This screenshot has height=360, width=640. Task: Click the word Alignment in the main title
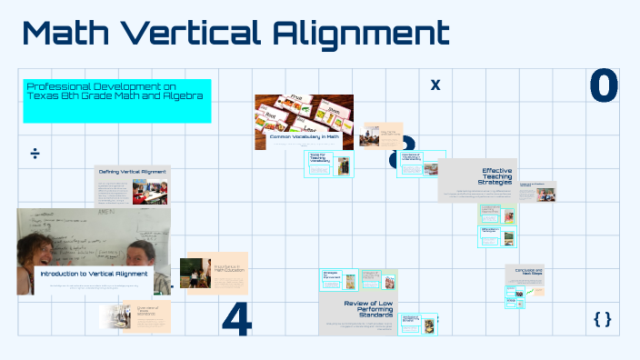(x=361, y=35)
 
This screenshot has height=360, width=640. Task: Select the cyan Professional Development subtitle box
(x=117, y=100)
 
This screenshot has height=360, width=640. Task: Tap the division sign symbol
(x=35, y=153)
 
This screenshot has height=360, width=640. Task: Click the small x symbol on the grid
(x=435, y=85)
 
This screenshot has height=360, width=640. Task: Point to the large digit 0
(x=604, y=86)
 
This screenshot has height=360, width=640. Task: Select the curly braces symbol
(x=602, y=318)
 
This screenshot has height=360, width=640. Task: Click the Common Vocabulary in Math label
(x=304, y=137)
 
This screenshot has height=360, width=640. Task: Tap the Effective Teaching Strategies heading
(x=497, y=175)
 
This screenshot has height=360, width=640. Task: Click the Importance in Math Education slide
(x=216, y=273)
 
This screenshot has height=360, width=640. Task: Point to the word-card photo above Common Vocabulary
(x=304, y=113)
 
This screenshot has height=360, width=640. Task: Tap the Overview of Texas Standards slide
(x=122, y=315)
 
